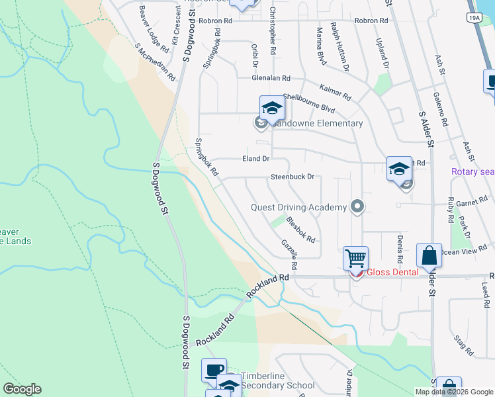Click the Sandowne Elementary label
click(316, 123)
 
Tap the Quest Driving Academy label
click(298, 207)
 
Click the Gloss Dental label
click(393, 272)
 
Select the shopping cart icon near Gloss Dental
click(356, 258)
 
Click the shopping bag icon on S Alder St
click(429, 255)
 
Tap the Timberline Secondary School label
click(277, 380)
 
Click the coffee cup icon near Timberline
click(214, 371)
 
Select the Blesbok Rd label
click(300, 227)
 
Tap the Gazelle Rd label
click(289, 254)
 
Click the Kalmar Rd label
click(335, 91)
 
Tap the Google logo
click(22, 389)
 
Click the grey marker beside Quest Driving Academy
click(358, 207)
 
